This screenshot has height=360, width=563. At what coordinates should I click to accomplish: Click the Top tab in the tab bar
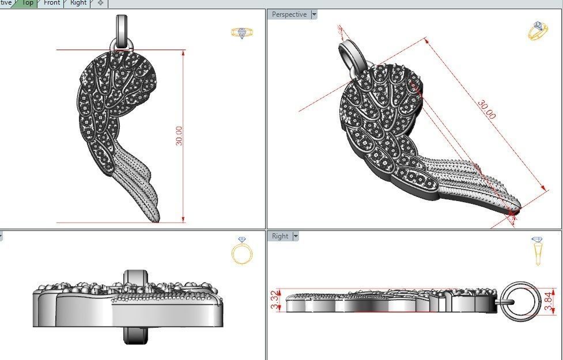coord(27,3)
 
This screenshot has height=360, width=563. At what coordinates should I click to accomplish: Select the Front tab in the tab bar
coord(52,3)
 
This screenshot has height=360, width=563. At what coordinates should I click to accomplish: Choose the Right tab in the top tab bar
coord(78,3)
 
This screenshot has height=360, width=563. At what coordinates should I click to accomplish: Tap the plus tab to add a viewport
coord(101,3)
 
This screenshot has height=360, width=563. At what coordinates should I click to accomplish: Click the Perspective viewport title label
coord(289,14)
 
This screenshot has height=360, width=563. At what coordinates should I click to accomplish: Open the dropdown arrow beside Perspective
coord(314,14)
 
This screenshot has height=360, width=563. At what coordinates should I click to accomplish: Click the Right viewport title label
coord(280,236)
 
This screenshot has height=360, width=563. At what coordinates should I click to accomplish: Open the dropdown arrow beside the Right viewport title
coord(296,236)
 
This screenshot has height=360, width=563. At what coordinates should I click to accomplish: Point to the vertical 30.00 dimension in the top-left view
coord(179,136)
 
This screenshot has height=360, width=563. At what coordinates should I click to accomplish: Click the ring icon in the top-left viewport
coord(239,33)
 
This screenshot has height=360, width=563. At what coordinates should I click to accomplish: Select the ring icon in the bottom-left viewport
coord(241,251)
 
